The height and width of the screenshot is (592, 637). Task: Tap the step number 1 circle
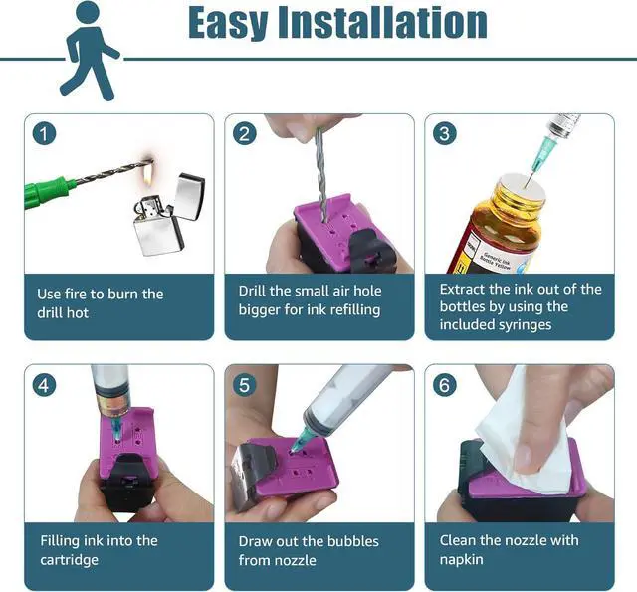[x=43, y=133]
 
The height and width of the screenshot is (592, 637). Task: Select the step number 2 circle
[x=244, y=133]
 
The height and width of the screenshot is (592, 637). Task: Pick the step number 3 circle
[x=444, y=133]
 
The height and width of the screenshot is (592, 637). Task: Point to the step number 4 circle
[x=43, y=384]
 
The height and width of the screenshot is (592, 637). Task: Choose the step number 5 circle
[x=244, y=384]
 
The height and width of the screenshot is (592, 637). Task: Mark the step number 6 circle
[x=444, y=384]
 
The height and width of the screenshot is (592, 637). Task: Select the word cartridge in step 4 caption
[x=70, y=559]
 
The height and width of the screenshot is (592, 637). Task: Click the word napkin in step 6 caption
[x=462, y=559]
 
